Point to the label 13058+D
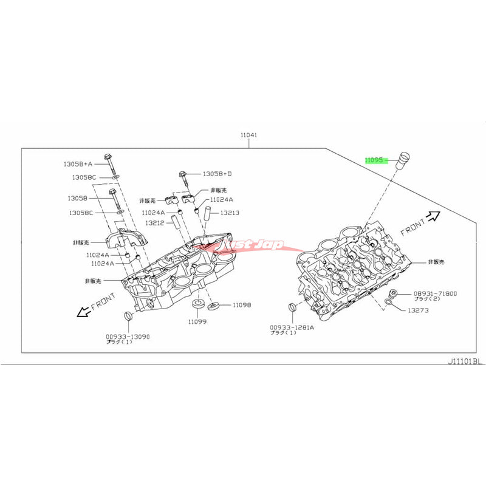pyautogui.click(x=217, y=174)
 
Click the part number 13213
pyautogui.click(x=230, y=213)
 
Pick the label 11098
pyautogui.click(x=241, y=305)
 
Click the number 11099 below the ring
pyautogui.click(x=196, y=321)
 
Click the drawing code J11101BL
pyautogui.click(x=464, y=361)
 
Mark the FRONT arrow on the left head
pyautogui.click(x=81, y=311)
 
